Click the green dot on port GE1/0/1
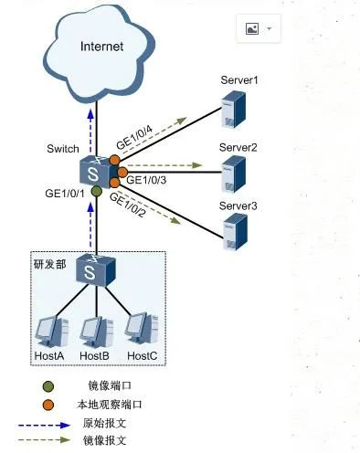pyautogui.click(x=95, y=192)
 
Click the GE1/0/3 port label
pyautogui.click(x=145, y=180)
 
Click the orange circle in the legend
pyautogui.click(x=48, y=404)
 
